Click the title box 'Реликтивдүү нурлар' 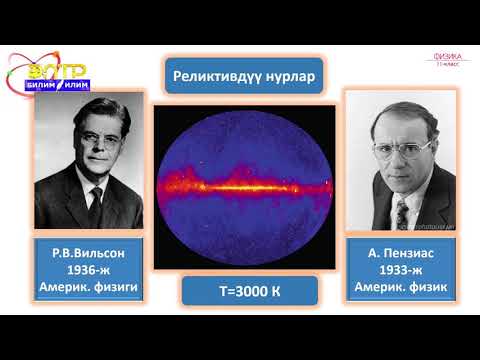239,77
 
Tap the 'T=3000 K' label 239,291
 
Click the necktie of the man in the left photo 95,204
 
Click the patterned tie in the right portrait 401,211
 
